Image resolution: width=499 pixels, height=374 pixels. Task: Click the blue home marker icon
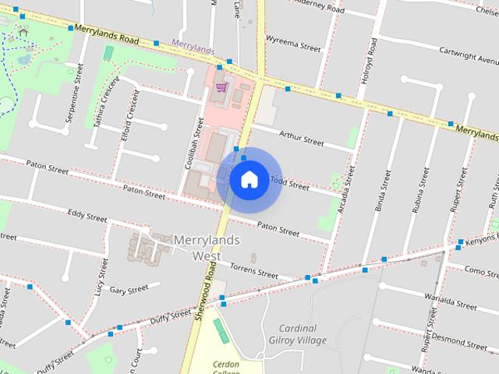(x=249, y=179)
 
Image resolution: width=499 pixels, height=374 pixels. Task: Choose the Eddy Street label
(x=87, y=215)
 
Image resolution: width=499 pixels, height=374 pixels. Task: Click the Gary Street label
(x=129, y=289)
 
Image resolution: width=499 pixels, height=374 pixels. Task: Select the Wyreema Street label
(x=293, y=43)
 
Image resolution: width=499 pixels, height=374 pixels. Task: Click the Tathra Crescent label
(x=108, y=100)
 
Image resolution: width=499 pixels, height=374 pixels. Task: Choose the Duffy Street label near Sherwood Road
(x=171, y=316)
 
